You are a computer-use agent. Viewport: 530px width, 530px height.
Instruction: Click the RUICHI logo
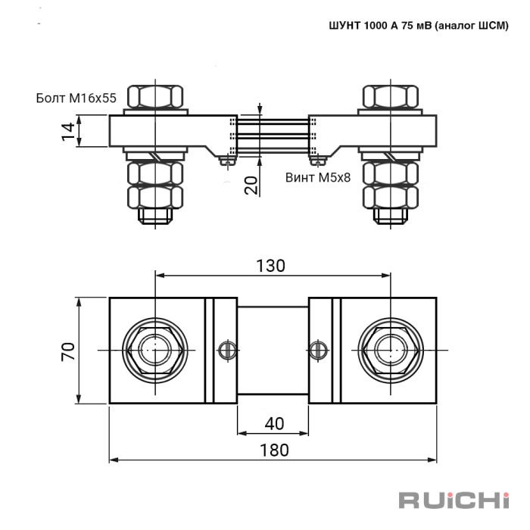click(x=454, y=500)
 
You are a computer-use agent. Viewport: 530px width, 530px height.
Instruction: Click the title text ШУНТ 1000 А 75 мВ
click(x=380, y=25)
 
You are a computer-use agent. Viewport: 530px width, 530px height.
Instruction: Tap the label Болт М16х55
click(x=76, y=98)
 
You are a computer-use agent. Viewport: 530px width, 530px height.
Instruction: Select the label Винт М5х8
click(x=318, y=177)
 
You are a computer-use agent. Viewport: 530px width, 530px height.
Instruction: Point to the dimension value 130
click(x=270, y=266)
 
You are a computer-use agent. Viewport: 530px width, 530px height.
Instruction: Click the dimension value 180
click(x=274, y=450)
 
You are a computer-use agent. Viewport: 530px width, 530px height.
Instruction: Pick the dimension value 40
click(x=274, y=423)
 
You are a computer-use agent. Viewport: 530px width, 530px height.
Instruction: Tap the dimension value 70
click(x=68, y=351)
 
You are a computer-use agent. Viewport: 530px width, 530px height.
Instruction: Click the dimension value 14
click(x=68, y=132)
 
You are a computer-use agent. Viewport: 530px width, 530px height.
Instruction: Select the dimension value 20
click(x=251, y=185)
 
